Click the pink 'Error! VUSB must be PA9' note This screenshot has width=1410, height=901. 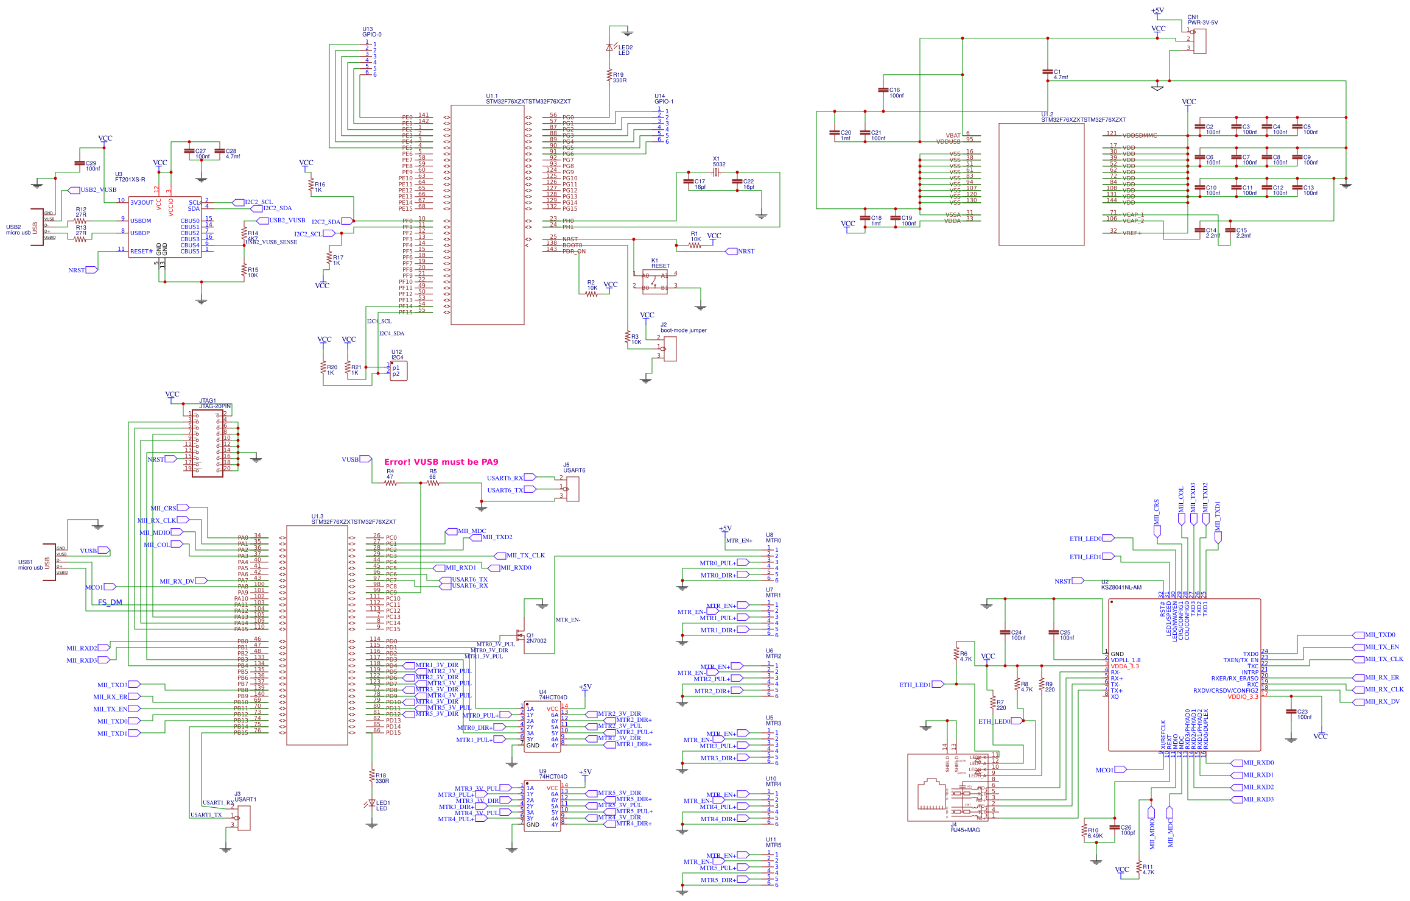coord(441,462)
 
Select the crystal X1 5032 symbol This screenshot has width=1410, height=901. coord(716,172)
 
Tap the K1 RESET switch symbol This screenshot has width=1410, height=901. coord(654,281)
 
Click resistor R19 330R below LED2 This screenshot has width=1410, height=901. coord(609,76)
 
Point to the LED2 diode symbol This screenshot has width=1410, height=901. coord(609,48)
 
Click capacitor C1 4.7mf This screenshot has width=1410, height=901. coord(1047,72)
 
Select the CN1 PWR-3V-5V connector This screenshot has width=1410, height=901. coord(1199,40)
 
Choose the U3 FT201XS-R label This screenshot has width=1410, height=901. coord(130,177)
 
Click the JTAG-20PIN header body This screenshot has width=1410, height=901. coord(207,443)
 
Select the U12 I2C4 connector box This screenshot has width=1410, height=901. coord(398,370)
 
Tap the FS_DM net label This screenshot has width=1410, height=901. coord(110,602)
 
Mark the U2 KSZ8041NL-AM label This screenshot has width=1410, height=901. coord(1120,585)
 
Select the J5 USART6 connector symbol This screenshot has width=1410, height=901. coord(572,489)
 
